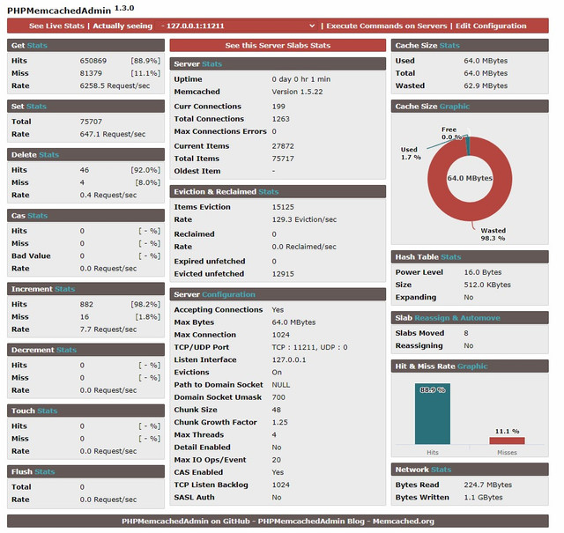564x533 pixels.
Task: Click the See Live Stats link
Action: point(56,26)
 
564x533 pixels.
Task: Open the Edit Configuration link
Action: point(491,26)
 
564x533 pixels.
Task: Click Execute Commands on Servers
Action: point(387,26)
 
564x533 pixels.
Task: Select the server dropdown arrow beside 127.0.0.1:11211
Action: point(312,26)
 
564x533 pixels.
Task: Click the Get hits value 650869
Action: point(93,61)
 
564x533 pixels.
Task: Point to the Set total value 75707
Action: point(91,122)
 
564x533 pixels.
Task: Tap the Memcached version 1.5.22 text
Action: point(297,92)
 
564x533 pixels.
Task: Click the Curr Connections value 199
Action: point(278,107)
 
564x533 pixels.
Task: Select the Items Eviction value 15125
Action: point(283,207)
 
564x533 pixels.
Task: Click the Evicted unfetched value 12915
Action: point(283,274)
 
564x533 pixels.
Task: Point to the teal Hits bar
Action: point(433,413)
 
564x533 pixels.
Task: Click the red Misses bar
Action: point(507,440)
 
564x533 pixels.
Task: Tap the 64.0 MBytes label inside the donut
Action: point(470,178)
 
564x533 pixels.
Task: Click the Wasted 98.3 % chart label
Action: point(493,234)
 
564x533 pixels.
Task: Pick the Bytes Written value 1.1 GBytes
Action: point(484,498)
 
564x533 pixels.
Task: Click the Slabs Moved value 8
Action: point(466,333)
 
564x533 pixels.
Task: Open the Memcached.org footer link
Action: point(404,522)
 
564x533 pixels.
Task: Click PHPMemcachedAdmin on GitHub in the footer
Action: point(186,522)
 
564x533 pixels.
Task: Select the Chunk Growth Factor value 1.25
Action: point(280,422)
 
